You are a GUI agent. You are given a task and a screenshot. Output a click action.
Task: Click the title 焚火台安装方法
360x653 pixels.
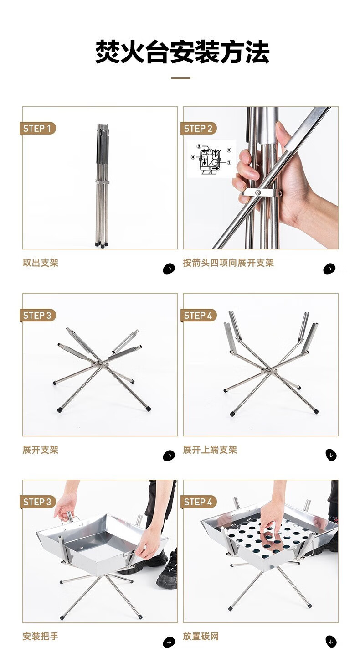point(182,52)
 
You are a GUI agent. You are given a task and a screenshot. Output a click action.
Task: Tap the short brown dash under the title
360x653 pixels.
point(180,78)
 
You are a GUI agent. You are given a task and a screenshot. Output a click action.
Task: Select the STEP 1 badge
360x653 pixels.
point(37,128)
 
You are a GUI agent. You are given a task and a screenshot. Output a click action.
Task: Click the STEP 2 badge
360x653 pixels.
point(199,128)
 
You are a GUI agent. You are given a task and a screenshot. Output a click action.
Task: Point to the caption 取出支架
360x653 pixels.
point(41,263)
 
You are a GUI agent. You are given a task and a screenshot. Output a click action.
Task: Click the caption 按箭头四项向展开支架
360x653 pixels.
point(228,263)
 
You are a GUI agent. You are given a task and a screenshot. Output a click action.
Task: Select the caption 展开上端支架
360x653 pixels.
point(210,450)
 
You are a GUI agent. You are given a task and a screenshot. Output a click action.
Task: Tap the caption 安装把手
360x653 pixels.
point(41,636)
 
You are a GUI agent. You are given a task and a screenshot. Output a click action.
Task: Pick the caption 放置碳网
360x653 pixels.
point(201,636)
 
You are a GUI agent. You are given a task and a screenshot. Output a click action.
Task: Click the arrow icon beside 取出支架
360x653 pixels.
point(169,269)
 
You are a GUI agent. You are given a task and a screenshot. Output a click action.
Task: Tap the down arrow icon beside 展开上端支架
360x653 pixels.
point(331,456)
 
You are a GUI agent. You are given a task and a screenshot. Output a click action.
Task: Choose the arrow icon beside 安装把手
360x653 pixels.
point(169,642)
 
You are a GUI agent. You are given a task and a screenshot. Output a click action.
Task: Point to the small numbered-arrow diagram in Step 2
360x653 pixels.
point(211,159)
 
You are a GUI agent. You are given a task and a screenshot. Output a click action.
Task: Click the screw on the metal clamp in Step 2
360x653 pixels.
point(258,192)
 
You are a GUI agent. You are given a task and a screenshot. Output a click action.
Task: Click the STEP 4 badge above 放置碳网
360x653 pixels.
point(199,502)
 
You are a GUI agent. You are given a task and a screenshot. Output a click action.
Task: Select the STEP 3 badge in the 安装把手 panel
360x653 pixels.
point(37,502)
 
